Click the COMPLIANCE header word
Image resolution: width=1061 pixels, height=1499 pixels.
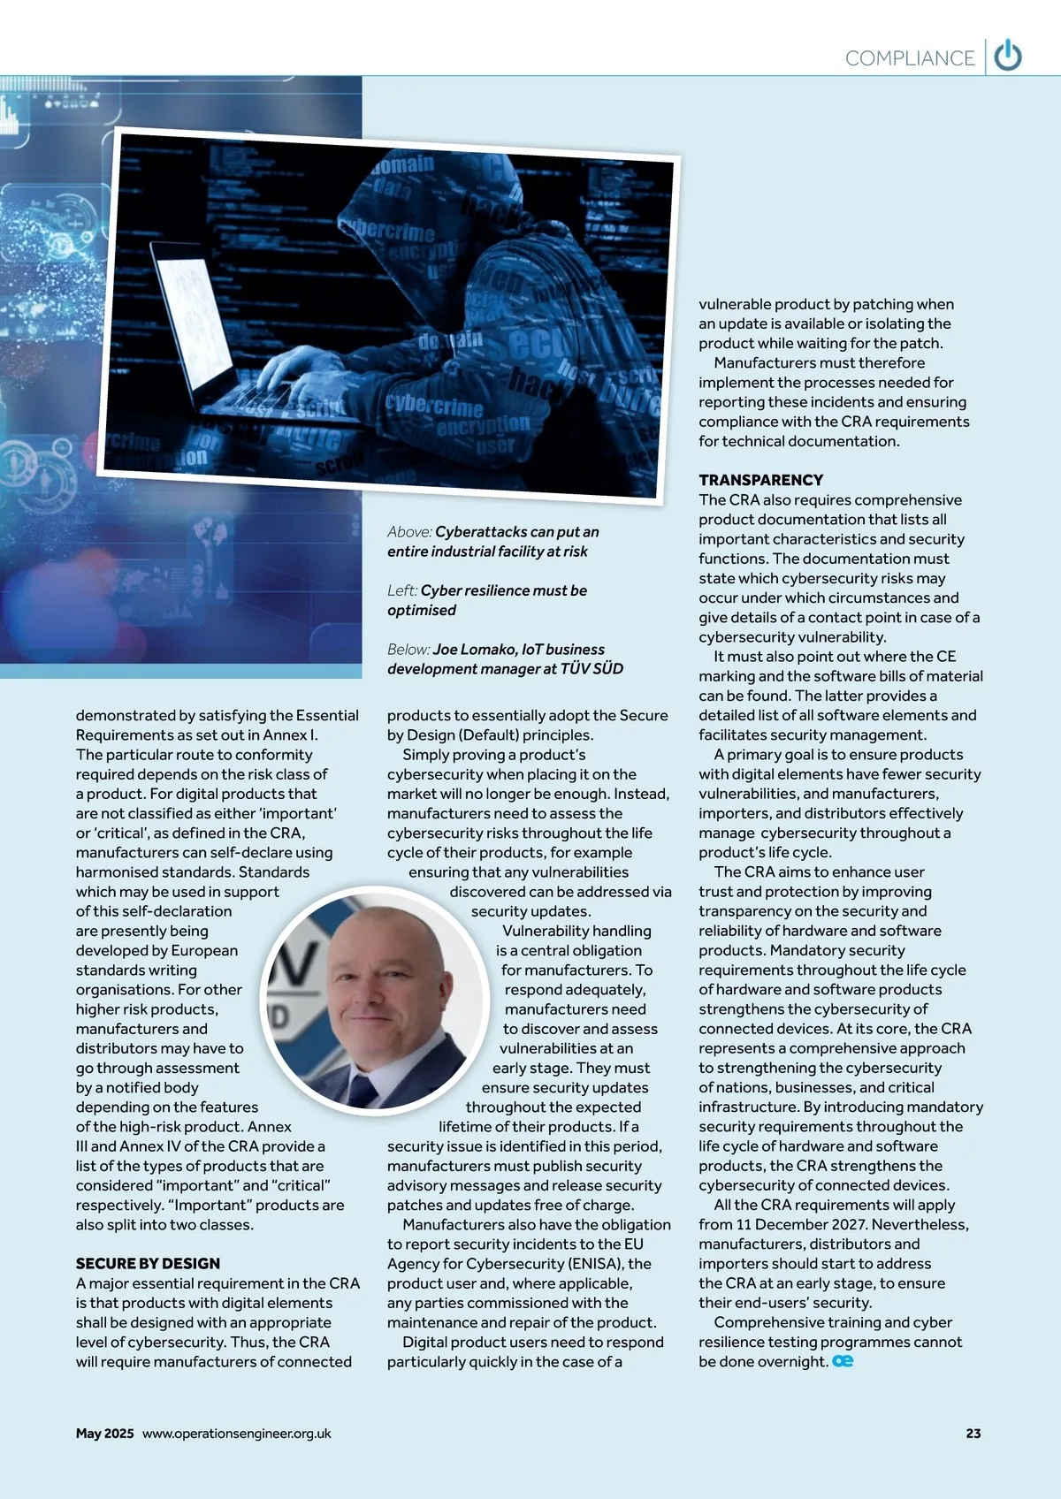[x=909, y=58]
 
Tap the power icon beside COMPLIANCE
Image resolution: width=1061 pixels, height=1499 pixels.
[x=1008, y=57]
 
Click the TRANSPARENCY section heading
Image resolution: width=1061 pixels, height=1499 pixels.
[x=760, y=480]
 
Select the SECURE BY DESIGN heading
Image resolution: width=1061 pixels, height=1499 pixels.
[x=148, y=1263]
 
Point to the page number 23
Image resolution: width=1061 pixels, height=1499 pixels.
[x=973, y=1434]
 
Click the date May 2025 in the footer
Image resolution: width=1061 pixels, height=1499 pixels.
[x=104, y=1434]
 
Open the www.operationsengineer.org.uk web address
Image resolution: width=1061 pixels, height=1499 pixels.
[x=236, y=1434]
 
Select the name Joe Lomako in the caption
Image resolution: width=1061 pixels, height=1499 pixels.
[x=474, y=650]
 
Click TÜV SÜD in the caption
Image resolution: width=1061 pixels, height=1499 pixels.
[x=592, y=669]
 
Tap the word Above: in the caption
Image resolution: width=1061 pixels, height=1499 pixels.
[x=409, y=532]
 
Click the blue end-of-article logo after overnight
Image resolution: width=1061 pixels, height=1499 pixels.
[x=843, y=1361]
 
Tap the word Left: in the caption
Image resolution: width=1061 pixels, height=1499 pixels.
[x=402, y=590]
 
